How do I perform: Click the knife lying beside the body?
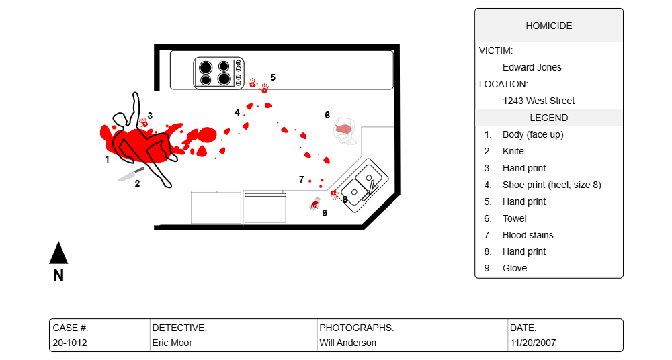tap(130, 175)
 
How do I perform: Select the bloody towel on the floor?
tap(345, 130)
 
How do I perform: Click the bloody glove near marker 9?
tap(314, 204)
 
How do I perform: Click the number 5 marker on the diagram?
tap(273, 77)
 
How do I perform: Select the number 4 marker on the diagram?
tap(237, 112)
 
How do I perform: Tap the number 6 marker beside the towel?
tap(327, 115)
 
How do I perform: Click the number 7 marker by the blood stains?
tap(301, 179)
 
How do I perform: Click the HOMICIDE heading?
tap(548, 26)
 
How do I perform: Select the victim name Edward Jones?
tap(532, 67)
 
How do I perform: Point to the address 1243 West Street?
tap(538, 101)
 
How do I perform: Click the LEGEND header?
tap(548, 118)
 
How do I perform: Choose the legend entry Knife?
tap(513, 151)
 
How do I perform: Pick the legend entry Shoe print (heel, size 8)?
tap(551, 185)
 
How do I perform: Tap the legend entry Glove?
tap(514, 268)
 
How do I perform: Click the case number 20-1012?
tap(69, 343)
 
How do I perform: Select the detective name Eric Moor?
tap(172, 343)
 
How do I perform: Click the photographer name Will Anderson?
tap(347, 343)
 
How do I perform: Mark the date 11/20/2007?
tap(532, 343)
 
